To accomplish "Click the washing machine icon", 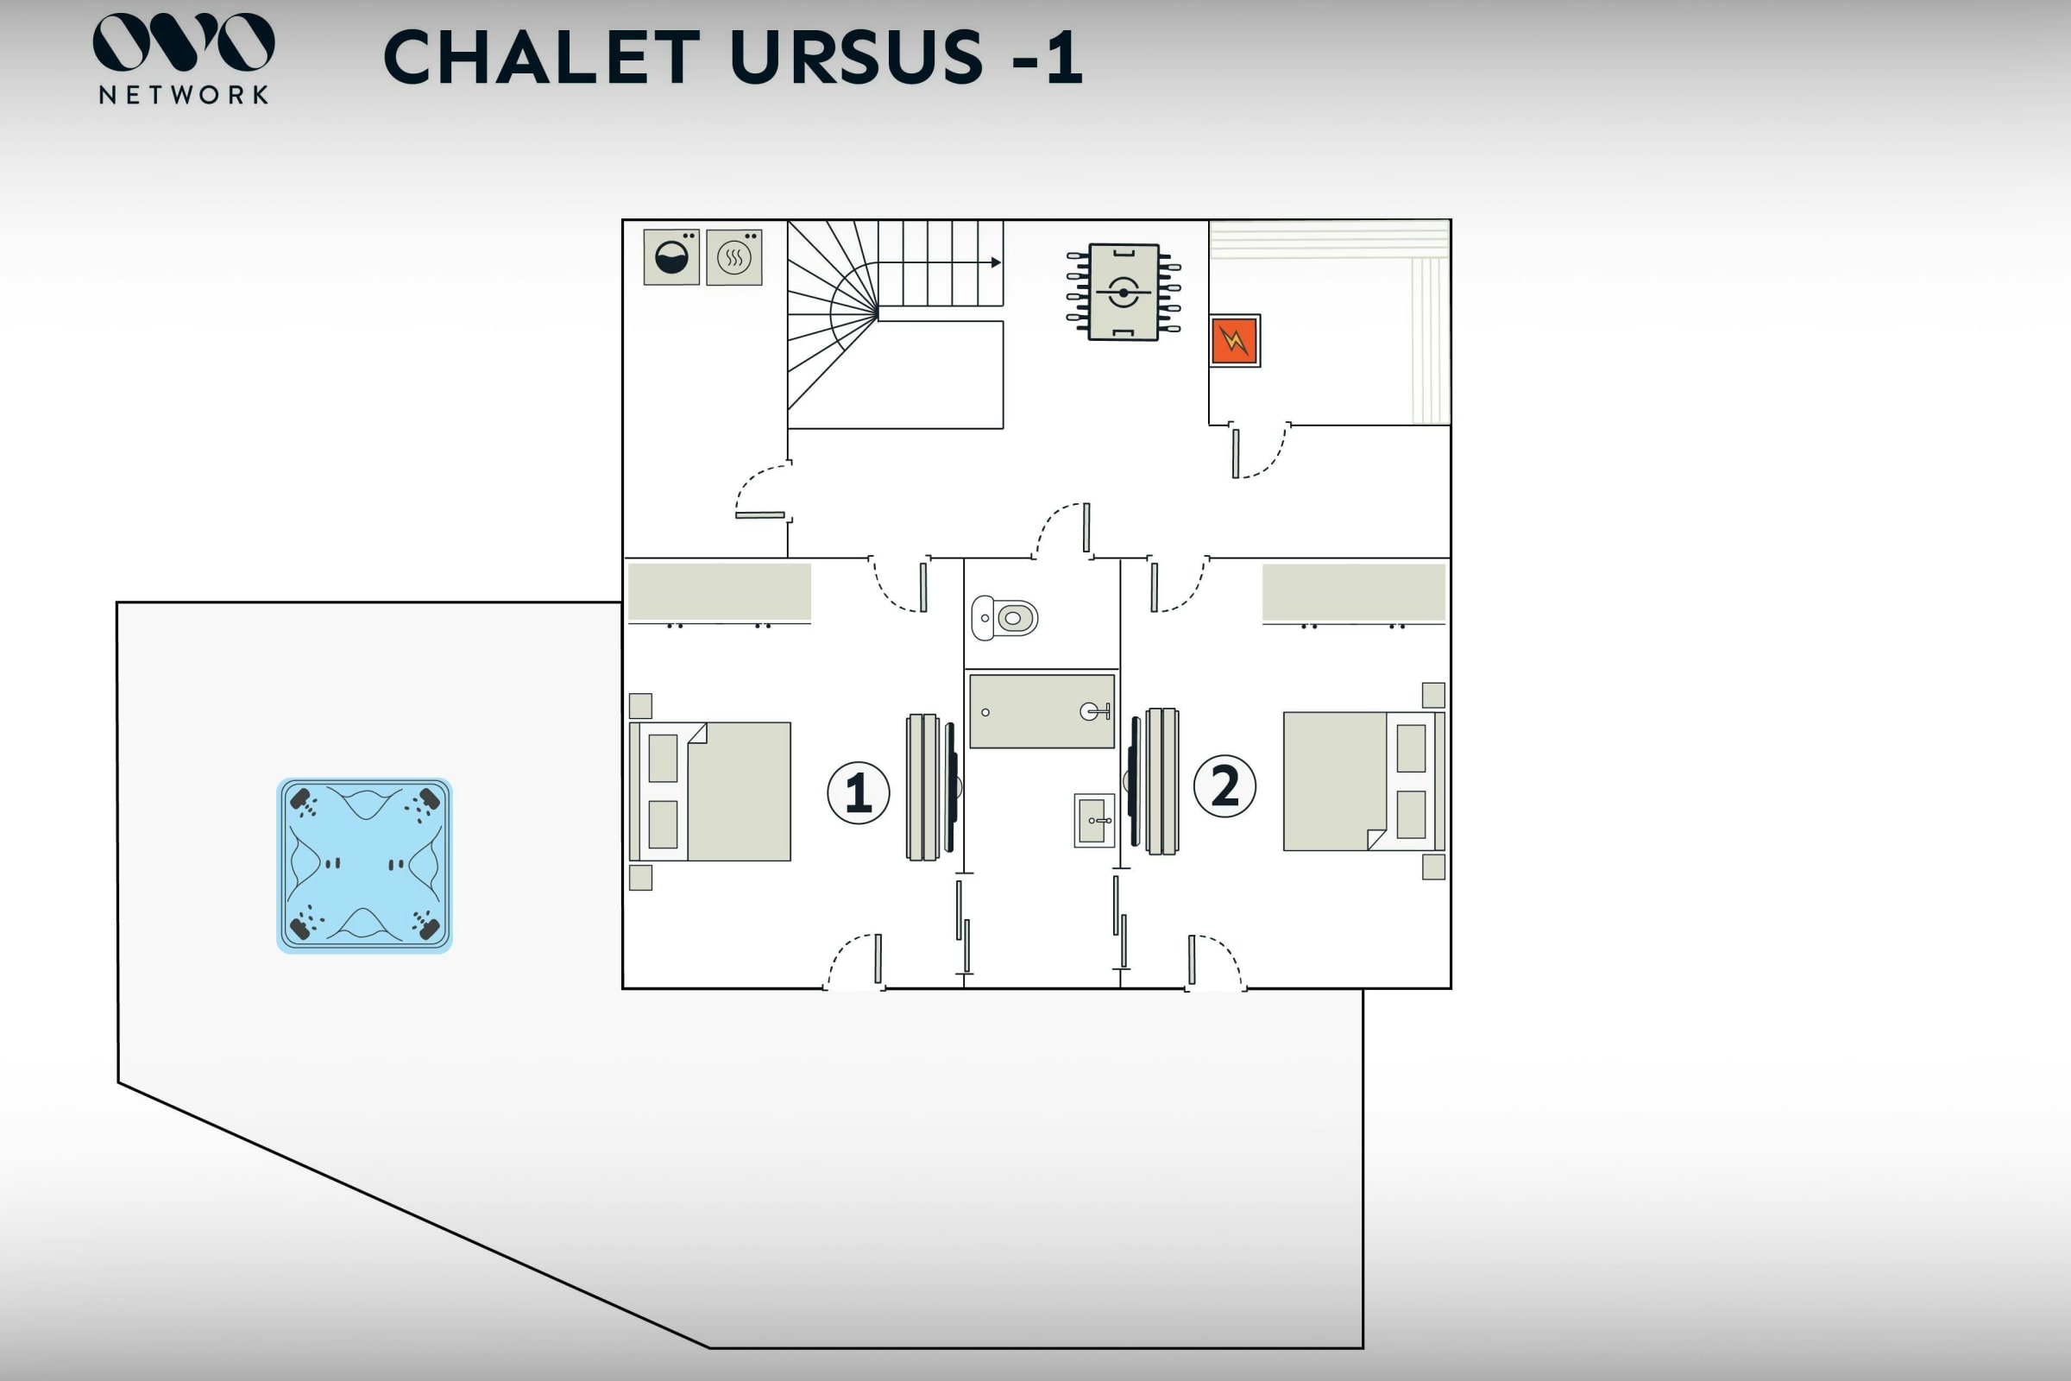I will tap(671, 257).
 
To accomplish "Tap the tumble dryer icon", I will tap(733, 257).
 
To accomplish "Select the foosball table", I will tap(1123, 292).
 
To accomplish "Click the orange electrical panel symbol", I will tap(1235, 340).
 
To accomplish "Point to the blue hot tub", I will tap(364, 865).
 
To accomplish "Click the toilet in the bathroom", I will tap(1004, 617).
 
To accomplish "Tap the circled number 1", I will tap(858, 792).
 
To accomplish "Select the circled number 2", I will tap(1224, 785).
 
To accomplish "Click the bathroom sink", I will tap(1093, 820).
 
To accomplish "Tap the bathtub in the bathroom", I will tap(1042, 711).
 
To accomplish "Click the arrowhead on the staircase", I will tap(996, 262).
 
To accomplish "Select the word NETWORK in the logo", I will tap(183, 95).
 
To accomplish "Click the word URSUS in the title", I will tap(856, 58).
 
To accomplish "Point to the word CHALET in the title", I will tap(542, 58).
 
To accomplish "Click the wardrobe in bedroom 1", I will tap(720, 593).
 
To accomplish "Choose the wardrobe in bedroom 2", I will tap(1353, 593).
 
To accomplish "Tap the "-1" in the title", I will tap(1047, 58).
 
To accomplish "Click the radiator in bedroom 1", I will tap(922, 786).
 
